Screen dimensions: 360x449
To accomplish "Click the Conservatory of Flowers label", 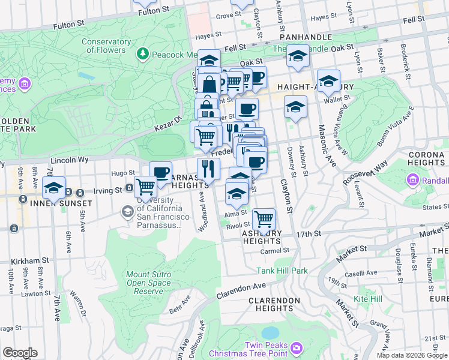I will (x=106, y=46).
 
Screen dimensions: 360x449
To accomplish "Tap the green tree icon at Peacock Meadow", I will (x=142, y=55).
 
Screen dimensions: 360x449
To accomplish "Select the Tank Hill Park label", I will (x=282, y=271).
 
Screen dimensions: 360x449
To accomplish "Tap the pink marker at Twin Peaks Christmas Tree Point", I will (x=296, y=348).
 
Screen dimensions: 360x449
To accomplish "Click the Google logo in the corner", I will (x=19, y=353).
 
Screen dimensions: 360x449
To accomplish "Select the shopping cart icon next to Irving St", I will (x=145, y=187).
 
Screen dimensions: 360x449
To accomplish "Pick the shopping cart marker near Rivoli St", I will (x=264, y=219).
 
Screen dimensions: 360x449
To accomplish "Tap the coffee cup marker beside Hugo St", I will (x=160, y=172).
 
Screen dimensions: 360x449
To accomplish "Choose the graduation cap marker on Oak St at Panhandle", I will (x=298, y=56).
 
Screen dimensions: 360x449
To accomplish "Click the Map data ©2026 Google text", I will (x=411, y=355).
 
